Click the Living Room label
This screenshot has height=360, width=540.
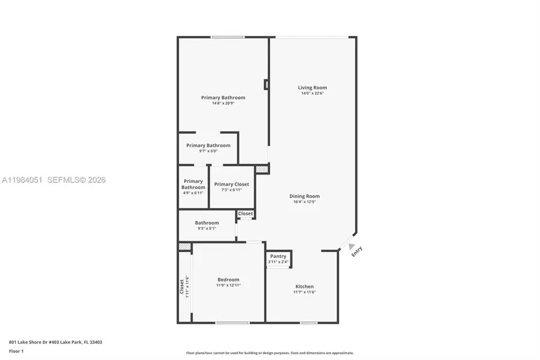(x=312, y=88)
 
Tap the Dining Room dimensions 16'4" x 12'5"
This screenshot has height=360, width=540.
(x=304, y=202)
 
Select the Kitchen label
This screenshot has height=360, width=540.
(x=304, y=286)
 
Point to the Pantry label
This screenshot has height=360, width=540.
(x=278, y=256)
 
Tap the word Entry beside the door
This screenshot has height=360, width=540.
(x=357, y=252)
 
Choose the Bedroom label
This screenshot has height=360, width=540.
(x=228, y=280)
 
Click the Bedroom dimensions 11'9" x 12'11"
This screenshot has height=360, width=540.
(x=228, y=286)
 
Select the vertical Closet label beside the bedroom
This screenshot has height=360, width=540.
(x=182, y=286)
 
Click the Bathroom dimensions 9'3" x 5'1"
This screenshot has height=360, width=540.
(x=206, y=229)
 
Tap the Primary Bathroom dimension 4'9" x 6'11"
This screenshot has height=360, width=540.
(x=193, y=193)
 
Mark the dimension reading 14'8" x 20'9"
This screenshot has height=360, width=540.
(x=223, y=103)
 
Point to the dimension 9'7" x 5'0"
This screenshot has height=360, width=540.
(x=208, y=151)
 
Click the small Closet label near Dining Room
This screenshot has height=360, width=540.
(x=245, y=214)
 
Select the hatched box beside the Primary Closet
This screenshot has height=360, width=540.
(x=262, y=170)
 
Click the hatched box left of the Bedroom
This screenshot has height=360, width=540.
(x=185, y=247)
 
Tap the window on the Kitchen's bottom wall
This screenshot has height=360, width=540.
(x=308, y=323)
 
